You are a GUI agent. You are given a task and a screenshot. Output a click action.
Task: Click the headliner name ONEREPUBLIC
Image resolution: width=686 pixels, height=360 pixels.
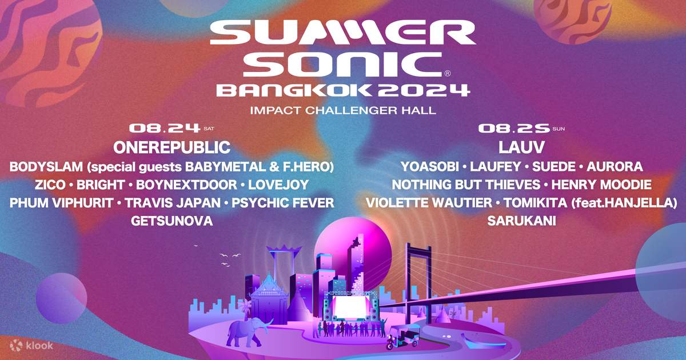point(171,147)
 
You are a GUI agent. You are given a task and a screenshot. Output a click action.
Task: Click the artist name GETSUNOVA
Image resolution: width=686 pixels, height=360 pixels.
point(171,221)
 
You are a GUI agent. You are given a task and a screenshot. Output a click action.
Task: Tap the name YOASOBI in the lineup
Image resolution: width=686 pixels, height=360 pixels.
point(429,166)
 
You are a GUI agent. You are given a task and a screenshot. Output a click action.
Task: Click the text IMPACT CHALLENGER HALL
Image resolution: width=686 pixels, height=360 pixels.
point(343,110)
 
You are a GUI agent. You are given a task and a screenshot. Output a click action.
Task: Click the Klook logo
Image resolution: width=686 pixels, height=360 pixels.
point(32,345)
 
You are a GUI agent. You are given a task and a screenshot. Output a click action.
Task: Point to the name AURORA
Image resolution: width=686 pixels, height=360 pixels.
point(615,166)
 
